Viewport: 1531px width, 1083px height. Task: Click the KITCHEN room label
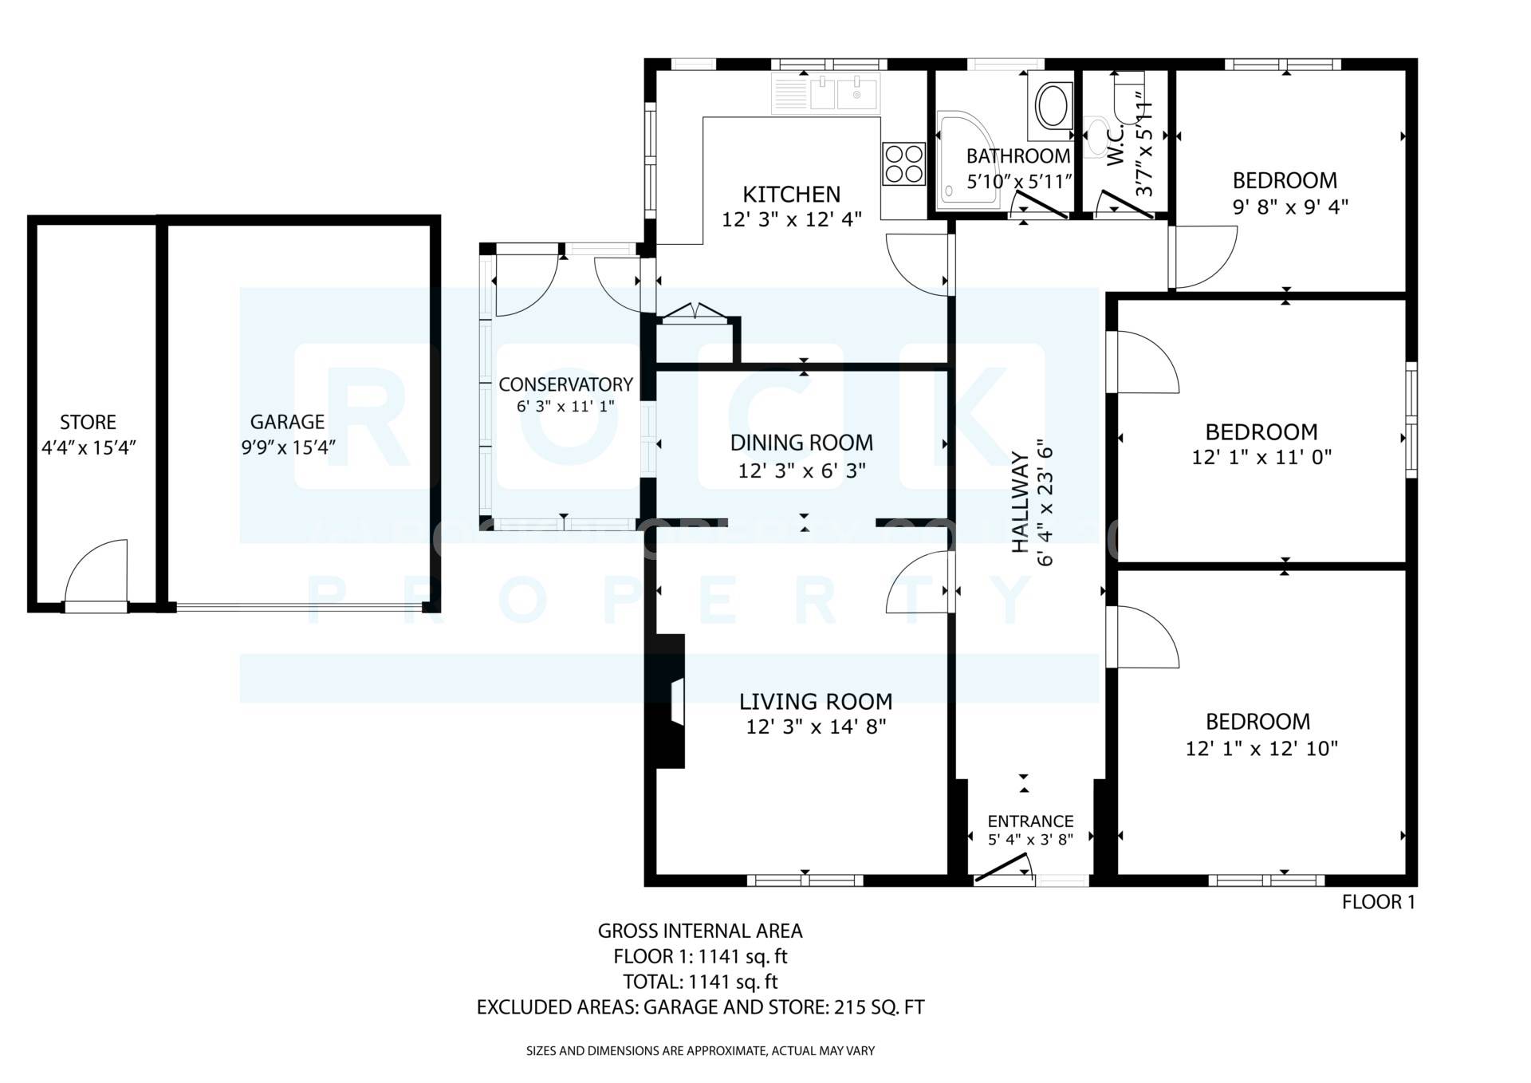(791, 194)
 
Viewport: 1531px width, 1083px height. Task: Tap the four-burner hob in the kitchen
(903, 163)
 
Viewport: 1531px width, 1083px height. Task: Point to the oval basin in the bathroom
(1054, 106)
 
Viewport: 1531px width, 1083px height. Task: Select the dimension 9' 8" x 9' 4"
(1289, 207)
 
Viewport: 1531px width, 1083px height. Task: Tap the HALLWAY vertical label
(1019, 502)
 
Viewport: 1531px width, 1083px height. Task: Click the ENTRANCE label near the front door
(1030, 821)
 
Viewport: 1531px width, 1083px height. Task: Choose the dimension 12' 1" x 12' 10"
(1261, 749)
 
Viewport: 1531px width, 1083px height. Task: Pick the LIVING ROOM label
(815, 701)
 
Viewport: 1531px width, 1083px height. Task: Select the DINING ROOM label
(801, 443)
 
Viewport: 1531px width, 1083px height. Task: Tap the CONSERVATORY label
(565, 384)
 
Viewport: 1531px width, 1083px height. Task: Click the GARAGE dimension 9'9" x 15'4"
(288, 447)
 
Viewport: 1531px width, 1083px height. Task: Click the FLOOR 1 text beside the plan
(1378, 902)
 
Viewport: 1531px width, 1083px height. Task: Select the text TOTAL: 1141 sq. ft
(700, 982)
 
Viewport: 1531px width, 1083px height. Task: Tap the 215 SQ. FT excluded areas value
(879, 1007)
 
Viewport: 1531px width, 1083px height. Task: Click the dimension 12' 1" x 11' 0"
(1261, 458)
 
